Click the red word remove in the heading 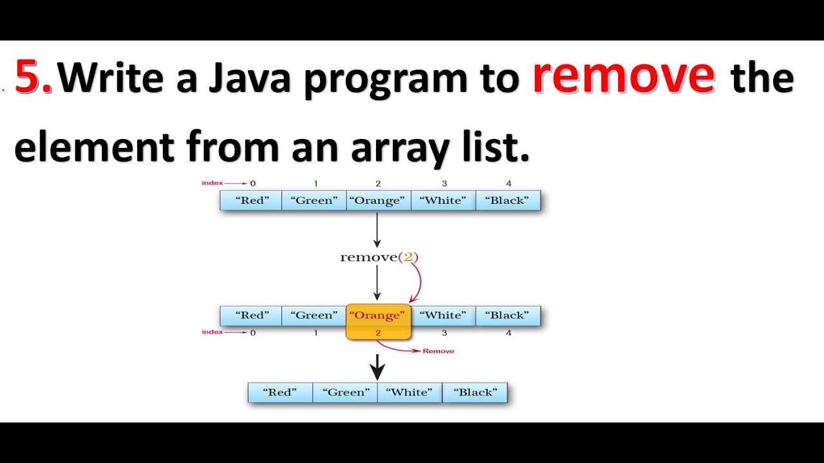(623, 76)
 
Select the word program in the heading (411, 78)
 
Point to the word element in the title (94, 146)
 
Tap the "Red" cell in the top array (251, 201)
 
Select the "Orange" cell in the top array (378, 201)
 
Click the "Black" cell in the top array (507, 201)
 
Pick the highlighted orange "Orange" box (378, 321)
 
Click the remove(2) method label (379, 257)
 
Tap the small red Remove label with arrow (438, 351)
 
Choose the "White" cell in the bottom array (409, 392)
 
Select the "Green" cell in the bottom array (345, 392)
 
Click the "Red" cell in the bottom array (280, 392)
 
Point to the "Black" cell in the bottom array (474, 392)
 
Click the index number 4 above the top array (508, 183)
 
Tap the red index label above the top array (212, 183)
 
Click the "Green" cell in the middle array (314, 316)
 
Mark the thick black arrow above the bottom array (378, 369)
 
